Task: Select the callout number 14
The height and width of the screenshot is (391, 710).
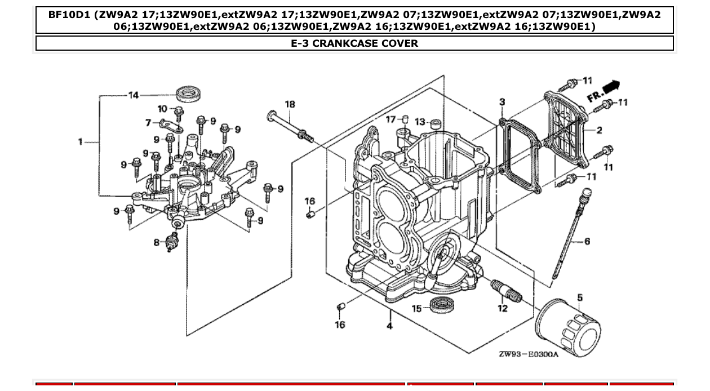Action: click(x=134, y=95)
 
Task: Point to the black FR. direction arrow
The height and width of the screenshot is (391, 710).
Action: click(x=611, y=87)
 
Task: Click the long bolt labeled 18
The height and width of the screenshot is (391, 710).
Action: click(x=289, y=126)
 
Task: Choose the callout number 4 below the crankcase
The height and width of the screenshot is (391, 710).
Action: click(x=389, y=326)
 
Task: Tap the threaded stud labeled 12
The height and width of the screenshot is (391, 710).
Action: click(x=507, y=290)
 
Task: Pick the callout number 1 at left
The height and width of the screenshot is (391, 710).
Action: click(x=81, y=141)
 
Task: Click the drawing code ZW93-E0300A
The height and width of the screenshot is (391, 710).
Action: click(x=528, y=354)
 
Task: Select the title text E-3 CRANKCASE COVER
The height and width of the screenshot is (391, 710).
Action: click(x=354, y=43)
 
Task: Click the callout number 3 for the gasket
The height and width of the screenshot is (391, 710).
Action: click(x=502, y=102)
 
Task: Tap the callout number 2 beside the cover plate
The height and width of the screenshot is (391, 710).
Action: click(x=599, y=130)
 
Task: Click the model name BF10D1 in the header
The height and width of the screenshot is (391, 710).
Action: click(x=69, y=15)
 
